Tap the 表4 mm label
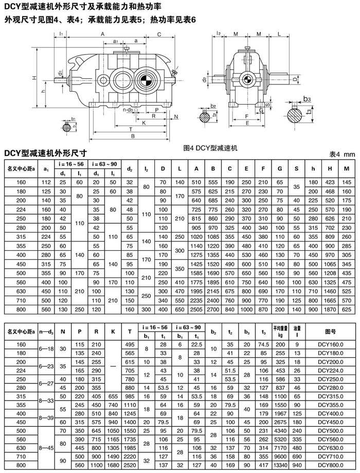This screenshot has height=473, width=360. click(342, 154)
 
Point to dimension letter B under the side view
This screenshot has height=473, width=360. click(133, 136)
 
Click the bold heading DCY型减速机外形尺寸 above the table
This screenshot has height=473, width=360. click(45, 153)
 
